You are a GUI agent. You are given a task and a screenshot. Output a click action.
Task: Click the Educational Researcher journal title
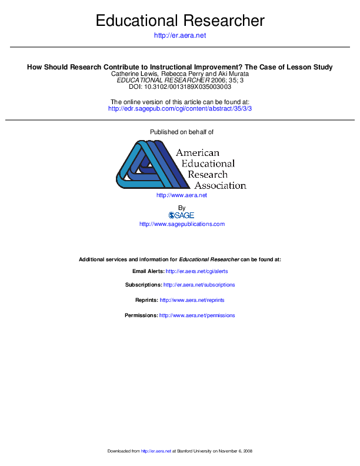(x=179, y=21)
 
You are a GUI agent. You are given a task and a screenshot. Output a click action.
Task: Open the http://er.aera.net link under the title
(x=179, y=36)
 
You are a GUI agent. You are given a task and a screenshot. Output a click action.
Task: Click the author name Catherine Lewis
(x=134, y=74)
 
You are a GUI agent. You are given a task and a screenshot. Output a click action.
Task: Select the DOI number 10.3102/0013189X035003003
(x=187, y=87)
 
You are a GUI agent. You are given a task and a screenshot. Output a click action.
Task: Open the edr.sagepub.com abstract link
(x=179, y=109)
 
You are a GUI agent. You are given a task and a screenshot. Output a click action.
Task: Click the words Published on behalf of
(x=179, y=132)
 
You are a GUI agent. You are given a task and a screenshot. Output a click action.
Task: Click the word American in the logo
(x=198, y=153)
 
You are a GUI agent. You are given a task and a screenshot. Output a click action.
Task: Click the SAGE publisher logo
(x=181, y=215)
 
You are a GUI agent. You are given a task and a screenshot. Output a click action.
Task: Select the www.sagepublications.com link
(x=181, y=224)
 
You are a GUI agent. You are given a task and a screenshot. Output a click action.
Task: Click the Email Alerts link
(x=197, y=271)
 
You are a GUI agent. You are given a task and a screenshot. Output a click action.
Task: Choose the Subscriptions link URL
(x=199, y=285)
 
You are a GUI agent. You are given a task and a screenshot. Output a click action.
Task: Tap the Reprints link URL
(x=192, y=300)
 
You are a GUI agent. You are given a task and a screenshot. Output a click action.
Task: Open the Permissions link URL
(x=197, y=315)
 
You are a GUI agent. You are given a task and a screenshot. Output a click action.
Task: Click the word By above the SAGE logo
(x=181, y=208)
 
